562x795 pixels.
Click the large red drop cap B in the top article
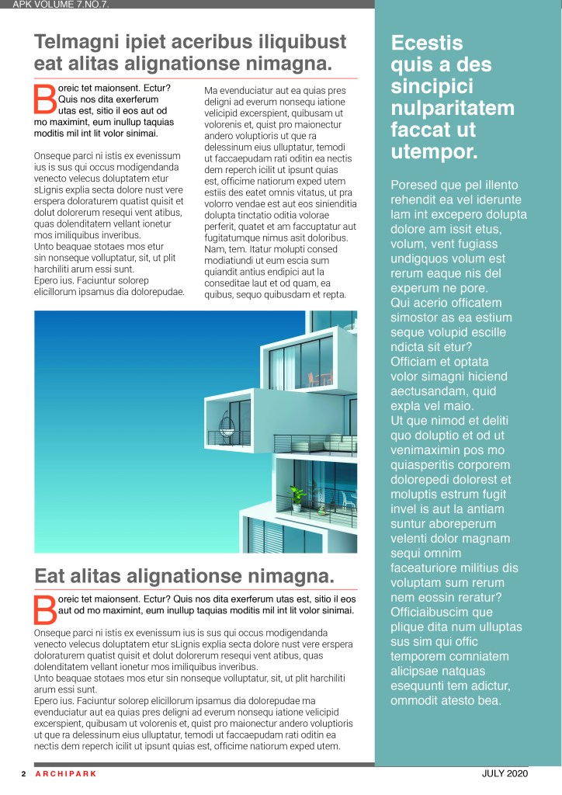click(x=45, y=99)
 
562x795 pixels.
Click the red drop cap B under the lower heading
click(x=45, y=609)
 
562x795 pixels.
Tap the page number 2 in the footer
click(x=23, y=773)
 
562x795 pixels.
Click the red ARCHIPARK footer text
click(x=66, y=773)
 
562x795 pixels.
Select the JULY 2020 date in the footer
click(x=505, y=773)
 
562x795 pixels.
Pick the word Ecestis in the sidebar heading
click(x=427, y=43)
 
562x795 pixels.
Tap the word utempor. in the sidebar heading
click(x=434, y=151)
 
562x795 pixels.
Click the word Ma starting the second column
click(x=211, y=90)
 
